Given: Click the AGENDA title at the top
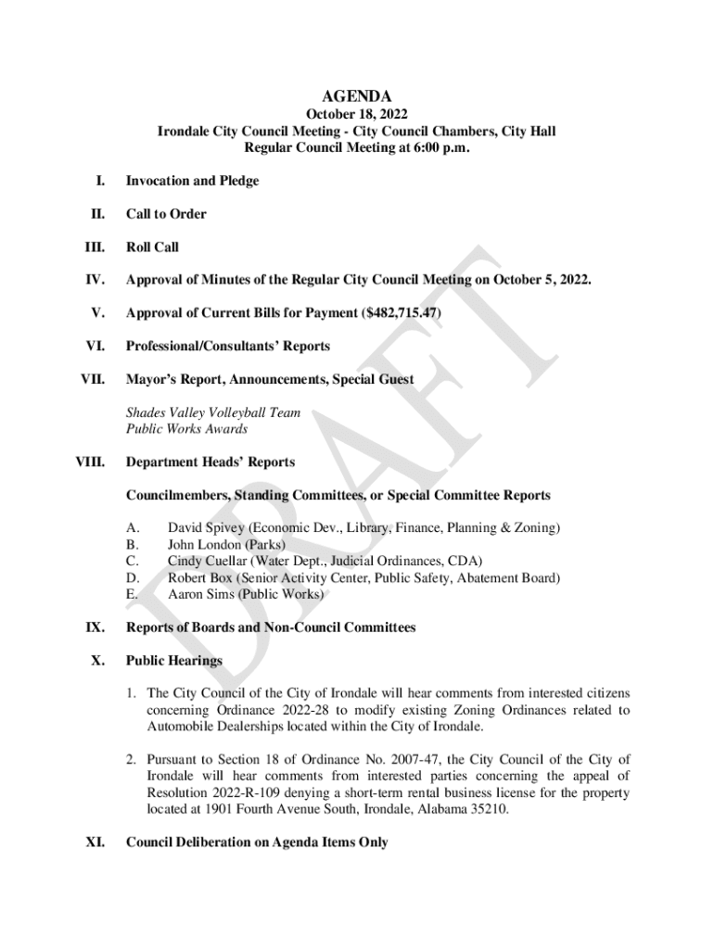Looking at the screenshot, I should coord(356,96).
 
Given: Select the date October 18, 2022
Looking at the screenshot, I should coord(356,115).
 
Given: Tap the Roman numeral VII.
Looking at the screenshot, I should coord(93,379).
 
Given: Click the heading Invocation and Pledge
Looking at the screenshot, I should coord(192,181).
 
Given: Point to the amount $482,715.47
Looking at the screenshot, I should coord(402,312).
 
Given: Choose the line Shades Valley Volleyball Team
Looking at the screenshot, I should coord(213,412).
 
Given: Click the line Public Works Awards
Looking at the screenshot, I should coord(187,429).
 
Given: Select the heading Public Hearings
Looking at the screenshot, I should coord(174,661).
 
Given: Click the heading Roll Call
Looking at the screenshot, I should coord(152,247).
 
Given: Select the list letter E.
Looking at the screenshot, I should coord(132,594).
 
